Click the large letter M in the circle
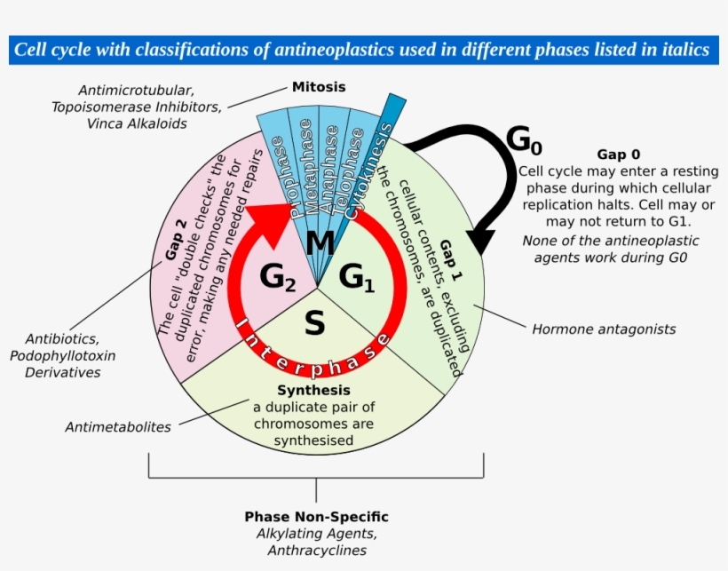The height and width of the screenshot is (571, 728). click(320, 242)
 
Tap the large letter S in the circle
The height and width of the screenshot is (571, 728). click(314, 324)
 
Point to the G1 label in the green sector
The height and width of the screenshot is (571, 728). click(357, 278)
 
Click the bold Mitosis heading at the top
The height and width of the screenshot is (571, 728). click(319, 87)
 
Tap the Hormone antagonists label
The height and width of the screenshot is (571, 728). click(604, 329)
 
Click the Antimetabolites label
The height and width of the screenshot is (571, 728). click(118, 427)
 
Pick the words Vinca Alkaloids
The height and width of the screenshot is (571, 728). click(137, 124)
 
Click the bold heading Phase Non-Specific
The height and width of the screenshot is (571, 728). click(316, 517)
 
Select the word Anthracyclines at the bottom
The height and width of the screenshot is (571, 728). click(317, 551)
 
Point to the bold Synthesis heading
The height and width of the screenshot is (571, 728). click(313, 391)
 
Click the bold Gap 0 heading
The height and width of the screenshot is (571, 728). click(618, 154)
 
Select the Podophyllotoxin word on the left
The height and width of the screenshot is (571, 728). click(62, 356)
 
